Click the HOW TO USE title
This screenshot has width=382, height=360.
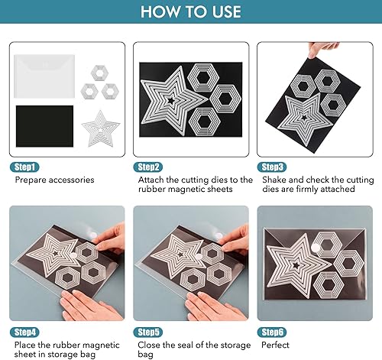tap(191, 11)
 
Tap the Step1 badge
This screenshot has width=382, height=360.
tap(24, 167)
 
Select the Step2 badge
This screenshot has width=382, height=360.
tap(148, 167)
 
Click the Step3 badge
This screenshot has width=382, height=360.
tap(272, 167)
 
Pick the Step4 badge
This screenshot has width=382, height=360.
tap(24, 332)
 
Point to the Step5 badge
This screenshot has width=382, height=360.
tap(148, 332)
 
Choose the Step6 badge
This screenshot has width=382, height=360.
tap(272, 332)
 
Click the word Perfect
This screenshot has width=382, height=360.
tap(275, 345)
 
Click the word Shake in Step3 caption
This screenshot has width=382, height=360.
tap(274, 180)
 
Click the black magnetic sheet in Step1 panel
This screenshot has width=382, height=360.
tap(44, 126)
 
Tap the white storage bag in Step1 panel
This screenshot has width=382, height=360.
tap(44, 76)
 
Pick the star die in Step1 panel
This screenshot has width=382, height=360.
tap(101, 128)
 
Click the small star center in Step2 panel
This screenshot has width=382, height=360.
tap(171, 100)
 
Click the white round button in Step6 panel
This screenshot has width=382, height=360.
tap(316, 248)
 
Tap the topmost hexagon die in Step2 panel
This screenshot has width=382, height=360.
tap(203, 77)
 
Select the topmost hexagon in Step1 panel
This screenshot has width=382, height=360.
tap(99, 73)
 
